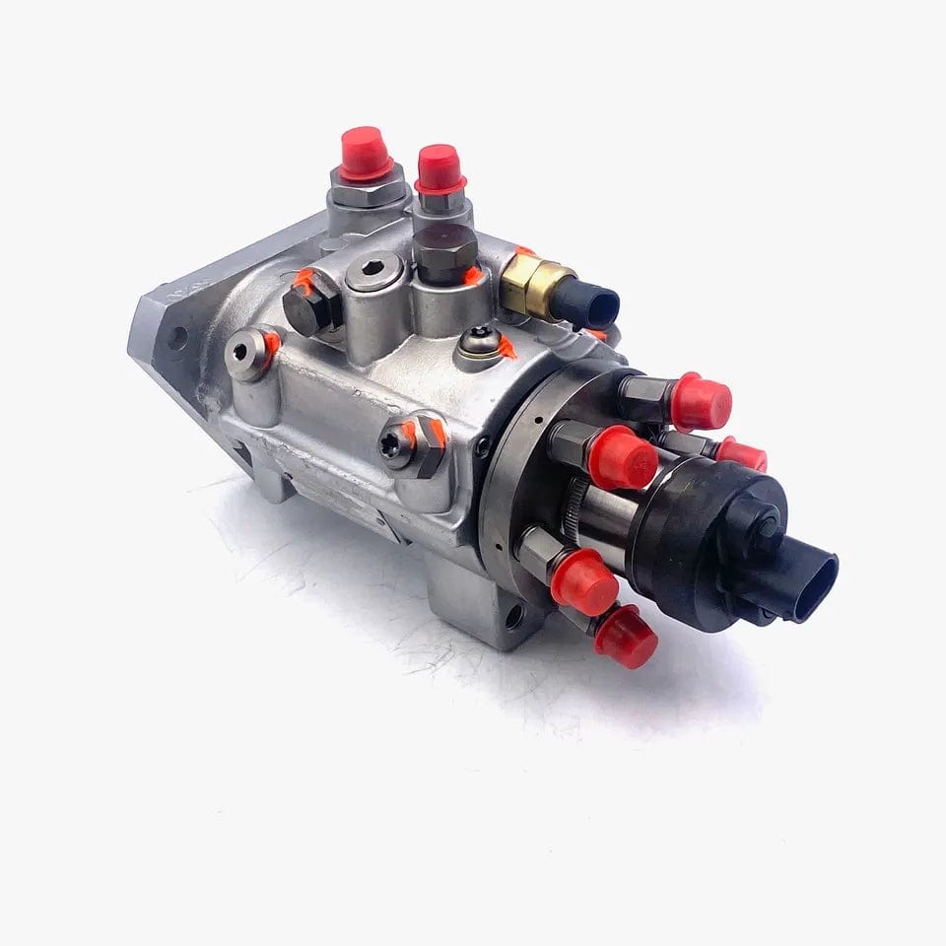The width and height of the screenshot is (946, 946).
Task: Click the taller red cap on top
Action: tap(367, 154)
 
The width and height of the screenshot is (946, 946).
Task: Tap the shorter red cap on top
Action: tap(439, 168)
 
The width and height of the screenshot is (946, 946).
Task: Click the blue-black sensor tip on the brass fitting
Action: tap(596, 304)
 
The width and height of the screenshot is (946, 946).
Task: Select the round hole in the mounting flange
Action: tap(177, 338)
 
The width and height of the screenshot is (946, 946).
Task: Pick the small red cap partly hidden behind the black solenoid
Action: tap(742, 453)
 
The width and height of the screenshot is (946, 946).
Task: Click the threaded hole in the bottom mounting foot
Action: tap(515, 617)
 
